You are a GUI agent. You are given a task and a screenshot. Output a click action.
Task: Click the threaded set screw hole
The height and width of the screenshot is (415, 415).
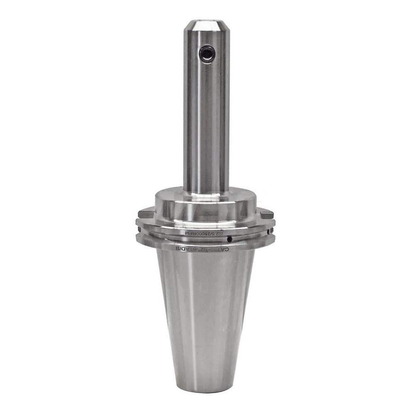(206, 54)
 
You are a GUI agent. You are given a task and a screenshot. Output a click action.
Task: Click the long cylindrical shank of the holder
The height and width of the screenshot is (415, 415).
(206, 124)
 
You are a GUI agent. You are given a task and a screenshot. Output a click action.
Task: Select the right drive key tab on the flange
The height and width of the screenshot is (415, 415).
(267, 214)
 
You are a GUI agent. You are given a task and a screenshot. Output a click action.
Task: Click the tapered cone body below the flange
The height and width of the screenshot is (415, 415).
(206, 315)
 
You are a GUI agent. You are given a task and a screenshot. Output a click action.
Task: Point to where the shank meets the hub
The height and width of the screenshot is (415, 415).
(206, 192)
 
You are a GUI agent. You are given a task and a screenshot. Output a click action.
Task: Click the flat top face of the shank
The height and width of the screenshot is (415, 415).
(206, 20)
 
